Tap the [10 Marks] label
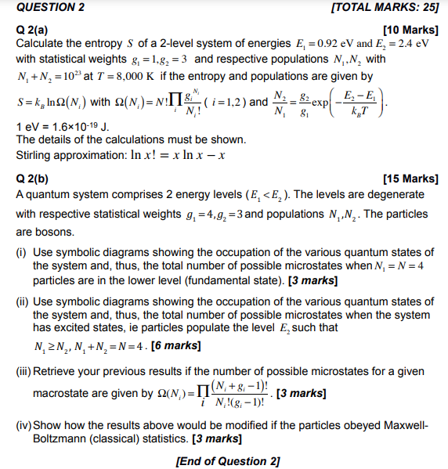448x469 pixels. tap(407, 30)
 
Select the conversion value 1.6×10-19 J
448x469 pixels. tap(77, 127)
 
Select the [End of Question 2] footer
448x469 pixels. tap(228, 460)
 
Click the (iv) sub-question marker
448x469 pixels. tap(23, 425)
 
